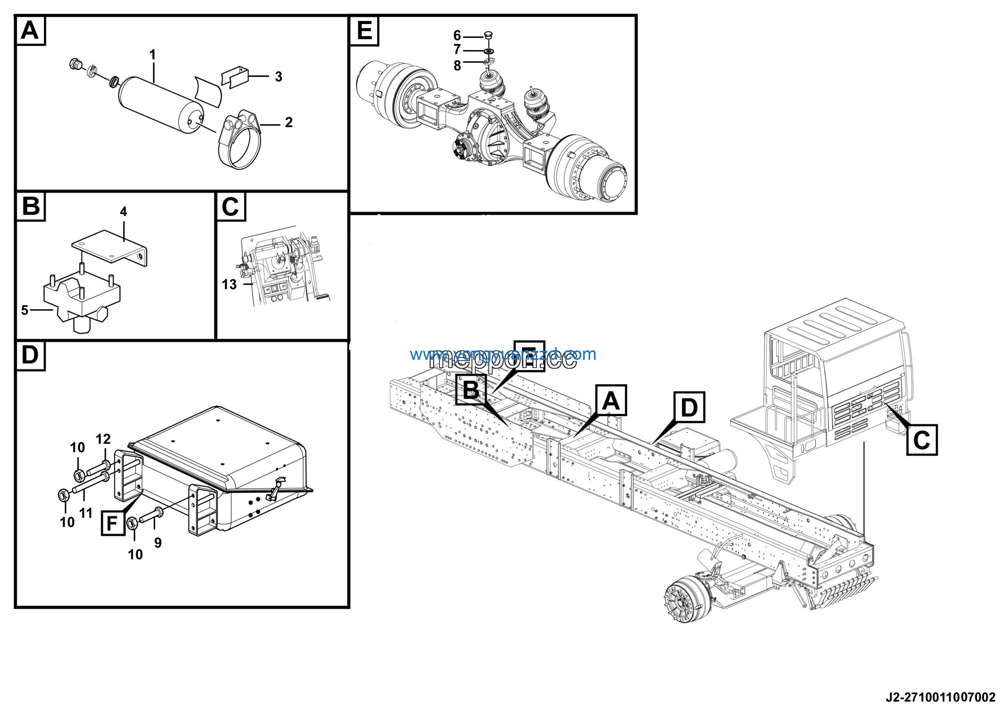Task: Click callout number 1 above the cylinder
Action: pos(152,55)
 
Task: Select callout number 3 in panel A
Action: pos(279,77)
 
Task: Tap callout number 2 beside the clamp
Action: pos(289,122)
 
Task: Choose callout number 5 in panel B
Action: pos(24,310)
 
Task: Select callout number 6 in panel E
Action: pos(457,35)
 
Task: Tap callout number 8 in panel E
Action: pos(457,66)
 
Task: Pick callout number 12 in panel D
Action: pos(103,439)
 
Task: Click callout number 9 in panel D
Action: pos(158,543)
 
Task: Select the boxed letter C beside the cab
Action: pos(922,440)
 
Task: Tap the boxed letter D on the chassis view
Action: pos(689,407)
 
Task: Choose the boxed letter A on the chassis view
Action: pos(611,400)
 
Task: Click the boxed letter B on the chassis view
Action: pos(471,390)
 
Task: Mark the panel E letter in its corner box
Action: pos(364,31)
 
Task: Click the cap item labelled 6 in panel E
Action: pos(488,35)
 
